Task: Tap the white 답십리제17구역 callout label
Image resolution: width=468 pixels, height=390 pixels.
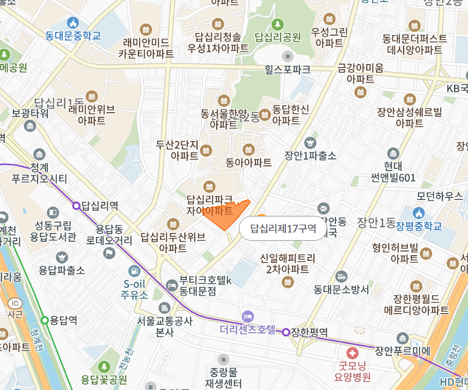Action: (283, 228)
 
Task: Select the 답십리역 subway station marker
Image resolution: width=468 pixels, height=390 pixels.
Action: (76, 206)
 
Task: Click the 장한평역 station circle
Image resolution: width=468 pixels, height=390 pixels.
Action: (286, 332)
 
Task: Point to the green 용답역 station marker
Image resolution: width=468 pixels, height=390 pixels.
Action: (45, 320)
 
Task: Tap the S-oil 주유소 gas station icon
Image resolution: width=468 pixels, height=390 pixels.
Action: (134, 270)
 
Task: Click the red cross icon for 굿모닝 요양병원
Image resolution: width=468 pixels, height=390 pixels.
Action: (352, 353)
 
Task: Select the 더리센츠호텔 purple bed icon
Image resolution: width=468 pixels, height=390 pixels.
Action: (248, 316)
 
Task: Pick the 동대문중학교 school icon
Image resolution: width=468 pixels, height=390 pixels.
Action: (73, 23)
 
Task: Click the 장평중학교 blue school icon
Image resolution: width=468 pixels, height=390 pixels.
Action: (418, 212)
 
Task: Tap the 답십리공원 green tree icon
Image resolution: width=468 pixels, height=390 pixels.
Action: (278, 24)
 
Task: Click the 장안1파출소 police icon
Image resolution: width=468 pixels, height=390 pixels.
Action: (310, 142)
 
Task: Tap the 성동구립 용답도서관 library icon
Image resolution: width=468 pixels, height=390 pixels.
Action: (53, 212)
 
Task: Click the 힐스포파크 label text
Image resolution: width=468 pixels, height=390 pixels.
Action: (287, 68)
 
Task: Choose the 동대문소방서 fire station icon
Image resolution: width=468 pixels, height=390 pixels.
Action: (341, 276)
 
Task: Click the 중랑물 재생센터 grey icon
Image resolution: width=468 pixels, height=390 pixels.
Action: (223, 358)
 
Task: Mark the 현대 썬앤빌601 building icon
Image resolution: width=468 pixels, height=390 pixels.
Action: (393, 153)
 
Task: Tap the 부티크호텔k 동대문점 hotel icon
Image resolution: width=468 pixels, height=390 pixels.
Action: (171, 285)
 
